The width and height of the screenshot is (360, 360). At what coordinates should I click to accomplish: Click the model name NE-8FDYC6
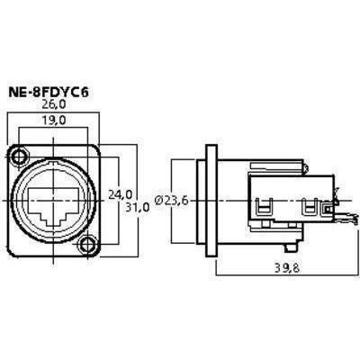[49, 93]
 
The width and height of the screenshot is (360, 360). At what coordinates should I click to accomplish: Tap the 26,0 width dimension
[54, 104]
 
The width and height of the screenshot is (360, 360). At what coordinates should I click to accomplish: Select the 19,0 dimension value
[53, 120]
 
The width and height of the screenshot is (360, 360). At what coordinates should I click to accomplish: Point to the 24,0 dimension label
[120, 194]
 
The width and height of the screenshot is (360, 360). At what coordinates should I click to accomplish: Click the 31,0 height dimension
[138, 207]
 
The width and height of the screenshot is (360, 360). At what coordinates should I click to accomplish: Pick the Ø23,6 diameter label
[172, 201]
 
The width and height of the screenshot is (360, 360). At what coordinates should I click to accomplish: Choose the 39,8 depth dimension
[287, 268]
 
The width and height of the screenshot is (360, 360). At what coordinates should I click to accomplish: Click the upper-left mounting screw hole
[21, 157]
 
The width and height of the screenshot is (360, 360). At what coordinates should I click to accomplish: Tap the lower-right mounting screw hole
[86, 245]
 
